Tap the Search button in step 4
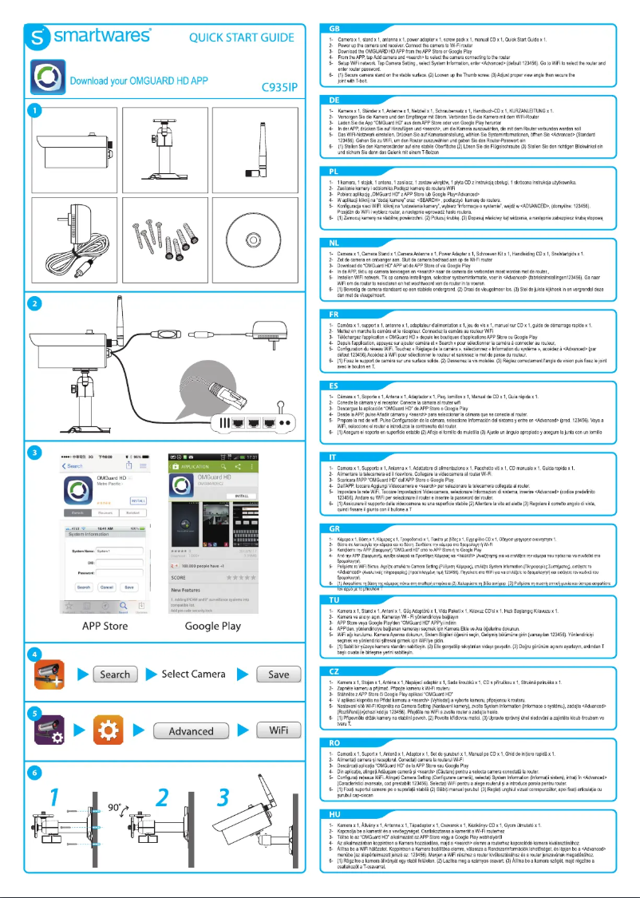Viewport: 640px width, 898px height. tap(115, 674)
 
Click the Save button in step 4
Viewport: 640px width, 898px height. tap(279, 674)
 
